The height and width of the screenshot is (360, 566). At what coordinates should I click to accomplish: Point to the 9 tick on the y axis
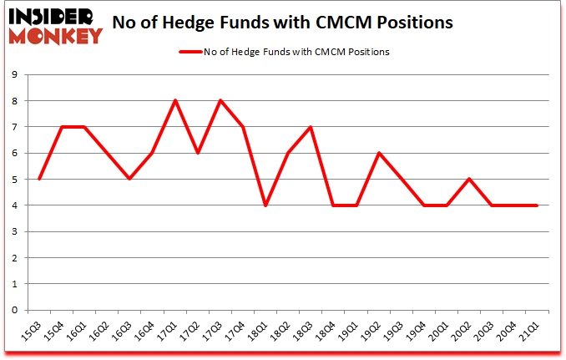click(16, 75)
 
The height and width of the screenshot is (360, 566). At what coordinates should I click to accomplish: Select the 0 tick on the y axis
click(16, 310)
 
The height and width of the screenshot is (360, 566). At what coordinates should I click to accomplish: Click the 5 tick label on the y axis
click(16, 180)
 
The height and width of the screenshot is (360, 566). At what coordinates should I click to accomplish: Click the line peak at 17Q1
click(174, 101)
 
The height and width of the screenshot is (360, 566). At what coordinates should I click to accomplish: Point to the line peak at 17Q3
click(220, 101)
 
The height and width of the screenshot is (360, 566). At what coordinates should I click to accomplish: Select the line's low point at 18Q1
click(265, 205)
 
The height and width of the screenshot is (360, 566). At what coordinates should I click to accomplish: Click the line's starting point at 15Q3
click(39, 180)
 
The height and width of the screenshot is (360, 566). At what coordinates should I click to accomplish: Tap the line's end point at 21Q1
click(536, 205)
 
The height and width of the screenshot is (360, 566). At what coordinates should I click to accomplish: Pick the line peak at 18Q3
click(310, 127)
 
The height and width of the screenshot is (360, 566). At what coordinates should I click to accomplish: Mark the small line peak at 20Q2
click(468, 180)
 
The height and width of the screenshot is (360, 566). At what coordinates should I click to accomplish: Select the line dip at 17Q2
click(197, 153)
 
